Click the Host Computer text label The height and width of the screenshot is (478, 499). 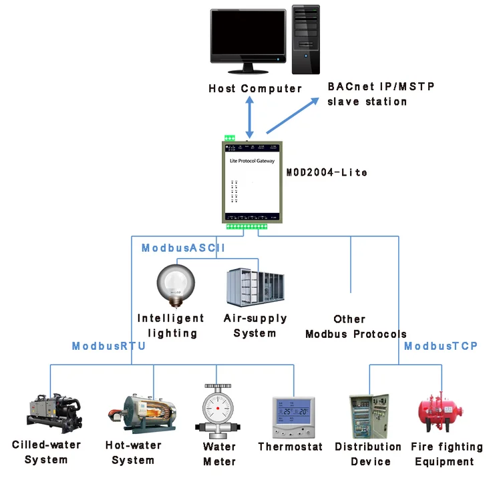point(255,88)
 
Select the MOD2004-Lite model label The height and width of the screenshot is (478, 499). point(327,172)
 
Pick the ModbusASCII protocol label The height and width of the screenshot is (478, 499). point(183,248)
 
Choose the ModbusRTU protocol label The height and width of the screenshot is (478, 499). point(109,346)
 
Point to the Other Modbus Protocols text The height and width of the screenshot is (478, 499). point(355,326)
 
